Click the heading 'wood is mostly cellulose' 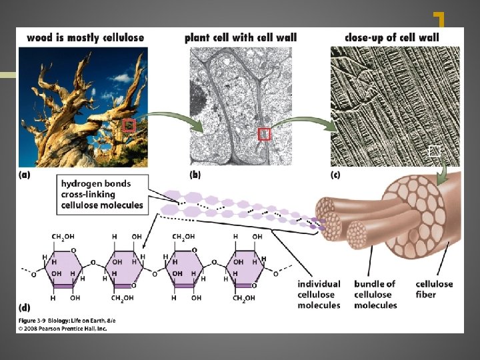(85, 37)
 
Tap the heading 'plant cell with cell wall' (241, 37)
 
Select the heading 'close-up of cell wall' (392, 37)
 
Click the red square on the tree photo (129, 125)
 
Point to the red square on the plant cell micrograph (265, 134)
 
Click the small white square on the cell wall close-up (435, 151)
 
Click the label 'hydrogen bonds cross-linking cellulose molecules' (102, 194)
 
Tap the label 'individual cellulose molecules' (319, 294)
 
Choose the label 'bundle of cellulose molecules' (375, 294)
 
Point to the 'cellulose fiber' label (435, 289)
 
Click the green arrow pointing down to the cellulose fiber (441, 173)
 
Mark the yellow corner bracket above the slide (439, 19)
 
